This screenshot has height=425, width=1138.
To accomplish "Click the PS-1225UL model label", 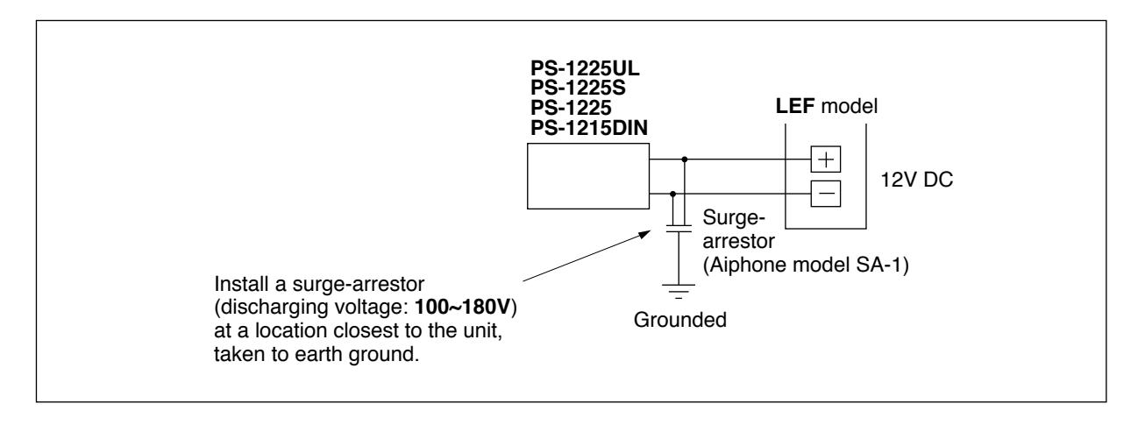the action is pyautogui.click(x=585, y=68).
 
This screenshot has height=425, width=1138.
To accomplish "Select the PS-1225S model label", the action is pyautogui.click(x=578, y=88).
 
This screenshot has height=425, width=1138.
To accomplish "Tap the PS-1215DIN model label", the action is pyautogui.click(x=589, y=128).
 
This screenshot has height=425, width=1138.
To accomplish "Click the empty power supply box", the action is pyautogui.click(x=588, y=176).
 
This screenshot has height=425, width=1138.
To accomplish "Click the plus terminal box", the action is pyautogui.click(x=826, y=159).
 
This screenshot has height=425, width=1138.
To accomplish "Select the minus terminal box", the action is pyautogui.click(x=826, y=194).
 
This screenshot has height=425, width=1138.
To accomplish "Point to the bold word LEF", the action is pyautogui.click(x=795, y=106).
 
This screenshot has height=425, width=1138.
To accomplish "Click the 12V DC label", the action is pyautogui.click(x=916, y=180).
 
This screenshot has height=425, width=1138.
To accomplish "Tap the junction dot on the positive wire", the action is pyautogui.click(x=685, y=159).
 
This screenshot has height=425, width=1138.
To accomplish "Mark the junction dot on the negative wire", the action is pyautogui.click(x=672, y=194).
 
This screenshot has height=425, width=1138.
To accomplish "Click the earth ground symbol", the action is pyautogui.click(x=679, y=291).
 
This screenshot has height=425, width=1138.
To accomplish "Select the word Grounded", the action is pyautogui.click(x=679, y=320).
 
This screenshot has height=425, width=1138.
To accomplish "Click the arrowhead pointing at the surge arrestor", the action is pyautogui.click(x=645, y=234).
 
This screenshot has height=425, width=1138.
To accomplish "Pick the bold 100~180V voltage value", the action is pyautogui.click(x=463, y=307).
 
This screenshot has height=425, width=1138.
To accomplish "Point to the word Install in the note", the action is pyautogui.click(x=241, y=284).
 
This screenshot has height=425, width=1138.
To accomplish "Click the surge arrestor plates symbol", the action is pyautogui.click(x=679, y=229).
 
